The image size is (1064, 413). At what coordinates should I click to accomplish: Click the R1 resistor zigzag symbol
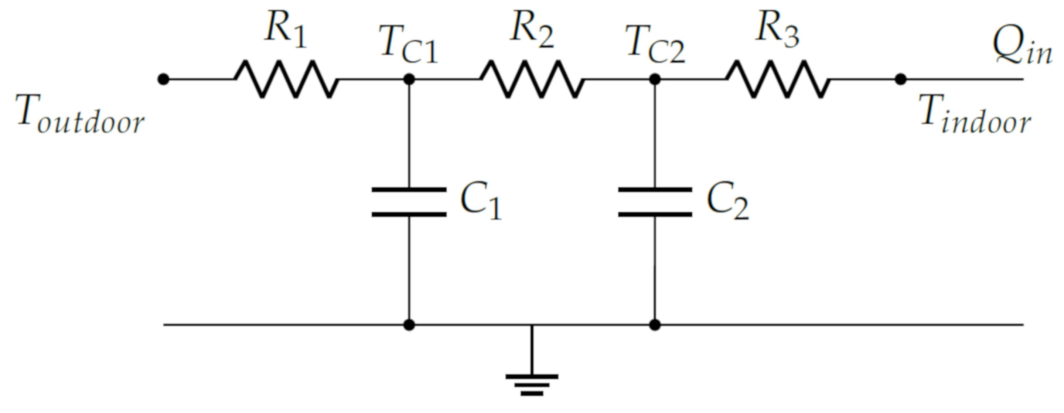pyautogui.click(x=287, y=79)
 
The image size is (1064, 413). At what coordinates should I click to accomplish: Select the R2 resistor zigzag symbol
pyautogui.click(x=532, y=79)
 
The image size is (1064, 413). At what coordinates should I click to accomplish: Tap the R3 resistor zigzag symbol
pyautogui.click(x=777, y=79)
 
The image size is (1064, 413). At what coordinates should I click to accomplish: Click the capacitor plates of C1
pyautogui.click(x=409, y=202)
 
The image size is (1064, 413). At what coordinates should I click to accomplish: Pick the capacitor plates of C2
pyautogui.click(x=655, y=202)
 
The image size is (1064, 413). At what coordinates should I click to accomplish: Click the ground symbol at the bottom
pyautogui.click(x=532, y=384)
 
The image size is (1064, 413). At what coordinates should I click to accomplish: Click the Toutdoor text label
pyautogui.click(x=80, y=115)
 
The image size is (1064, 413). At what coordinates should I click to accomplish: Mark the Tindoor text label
pyautogui.click(x=975, y=115)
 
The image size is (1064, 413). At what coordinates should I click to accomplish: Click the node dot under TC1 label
pyautogui.click(x=409, y=79)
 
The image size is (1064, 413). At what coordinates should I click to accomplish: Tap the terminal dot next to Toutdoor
pyautogui.click(x=164, y=79)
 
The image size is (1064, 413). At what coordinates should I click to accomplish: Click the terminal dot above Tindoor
pyautogui.click(x=900, y=79)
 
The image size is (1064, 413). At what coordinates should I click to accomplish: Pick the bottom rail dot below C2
pyautogui.click(x=655, y=325)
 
